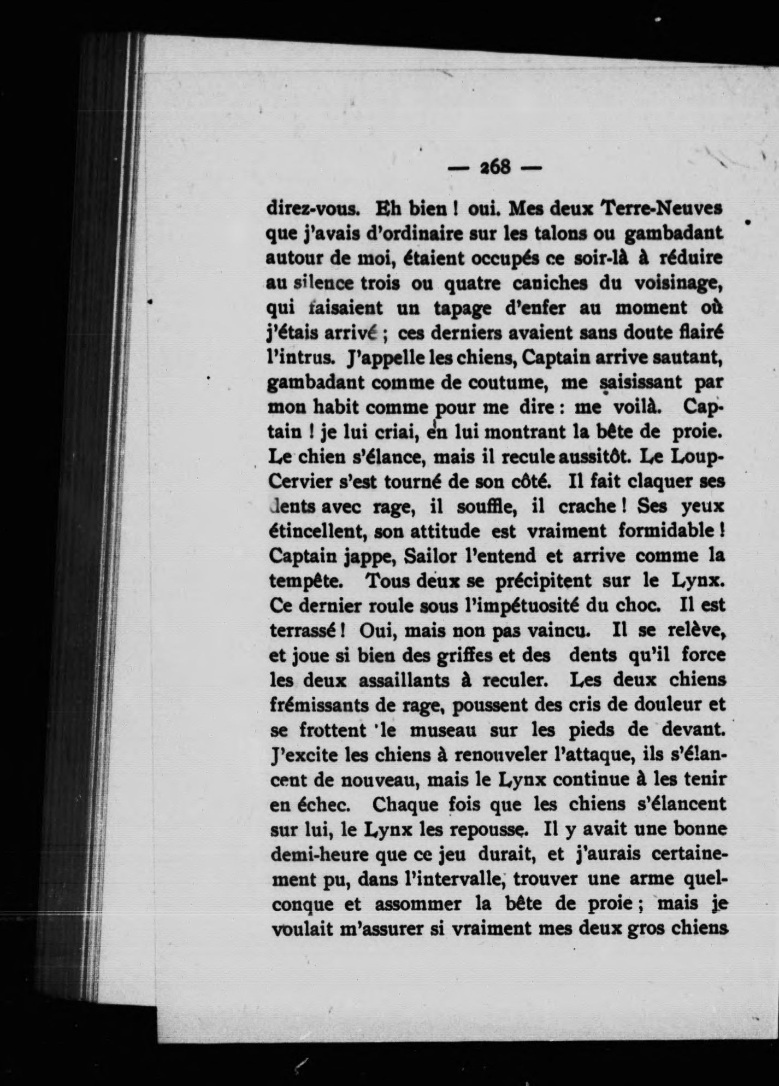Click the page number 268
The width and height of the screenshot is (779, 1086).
[x=494, y=167]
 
